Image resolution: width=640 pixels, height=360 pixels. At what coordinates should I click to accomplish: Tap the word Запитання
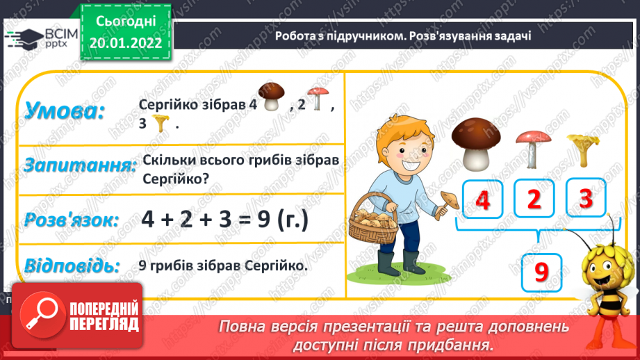pos(79,166)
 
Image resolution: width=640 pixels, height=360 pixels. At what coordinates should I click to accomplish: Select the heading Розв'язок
pos(71,220)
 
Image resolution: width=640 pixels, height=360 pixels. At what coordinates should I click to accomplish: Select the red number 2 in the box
pos(534,199)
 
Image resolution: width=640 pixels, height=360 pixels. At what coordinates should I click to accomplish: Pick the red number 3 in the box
pos(585,199)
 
